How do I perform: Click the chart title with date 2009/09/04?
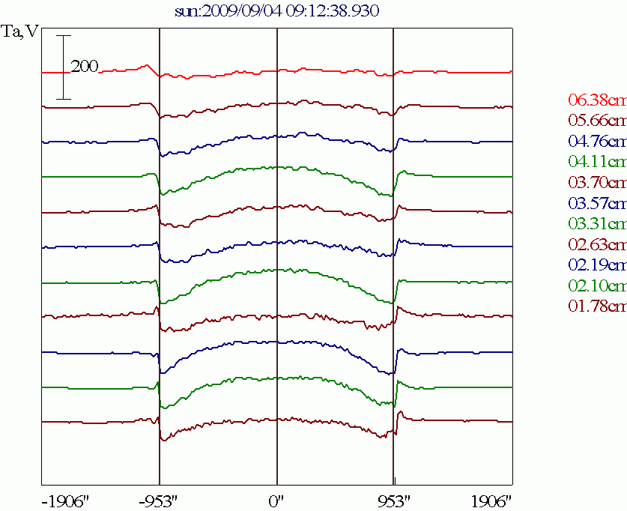276,10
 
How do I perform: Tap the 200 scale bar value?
85,67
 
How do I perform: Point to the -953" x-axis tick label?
160,500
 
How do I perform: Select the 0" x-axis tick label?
277,500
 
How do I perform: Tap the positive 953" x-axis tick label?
394,500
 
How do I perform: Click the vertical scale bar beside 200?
64,67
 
